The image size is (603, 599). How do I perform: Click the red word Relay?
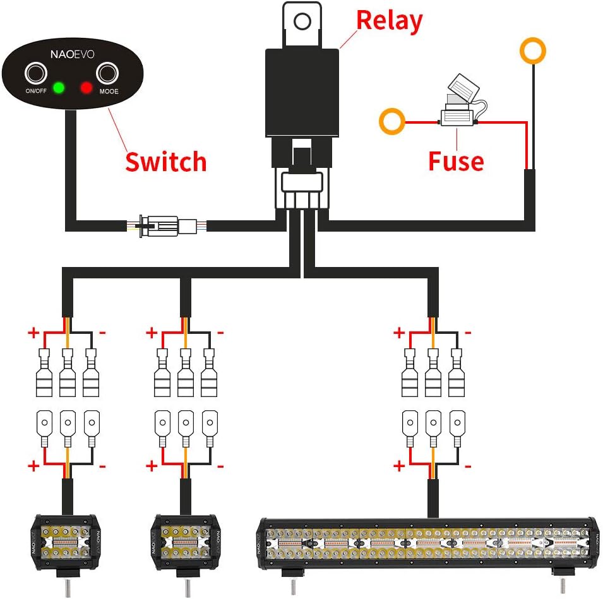point(389,20)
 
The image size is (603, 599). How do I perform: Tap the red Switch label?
point(165,162)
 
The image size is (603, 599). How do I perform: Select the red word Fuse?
point(456,161)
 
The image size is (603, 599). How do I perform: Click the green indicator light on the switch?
point(59,87)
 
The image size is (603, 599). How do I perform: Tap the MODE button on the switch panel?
point(108,74)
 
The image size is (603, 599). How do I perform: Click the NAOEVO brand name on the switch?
point(72,55)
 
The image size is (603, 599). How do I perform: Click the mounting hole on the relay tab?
point(302,22)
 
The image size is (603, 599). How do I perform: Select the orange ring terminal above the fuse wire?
point(533,50)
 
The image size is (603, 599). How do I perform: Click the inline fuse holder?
point(458,113)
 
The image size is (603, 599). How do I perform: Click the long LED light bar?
point(427,543)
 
